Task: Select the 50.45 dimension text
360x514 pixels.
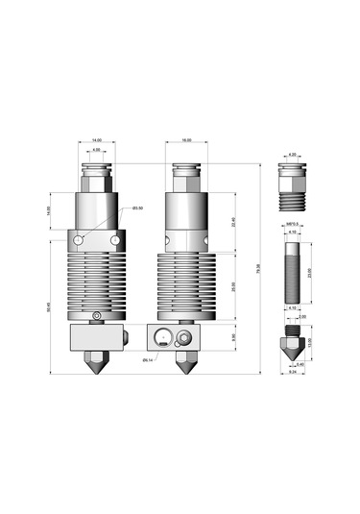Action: (x=48, y=307)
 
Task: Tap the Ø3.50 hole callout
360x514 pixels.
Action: (x=137, y=208)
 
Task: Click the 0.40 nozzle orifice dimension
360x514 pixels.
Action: (x=300, y=364)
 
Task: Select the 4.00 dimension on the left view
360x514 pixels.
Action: (x=96, y=150)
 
